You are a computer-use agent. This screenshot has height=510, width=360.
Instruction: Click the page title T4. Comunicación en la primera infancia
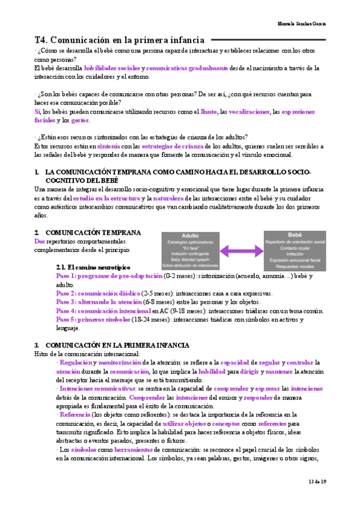[120, 40]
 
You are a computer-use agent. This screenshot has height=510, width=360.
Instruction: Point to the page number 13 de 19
[316, 482]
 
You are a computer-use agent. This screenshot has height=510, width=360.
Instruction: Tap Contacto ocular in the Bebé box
[294, 247]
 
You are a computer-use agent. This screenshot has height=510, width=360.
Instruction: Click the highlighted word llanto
[209, 112]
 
